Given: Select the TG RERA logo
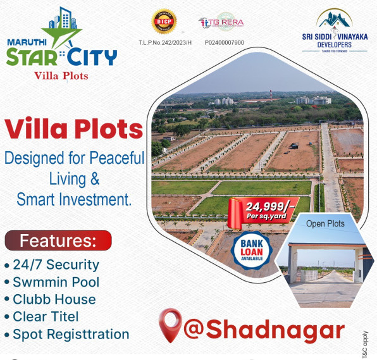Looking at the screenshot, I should click(x=221, y=23).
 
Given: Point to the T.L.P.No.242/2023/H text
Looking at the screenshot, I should click(x=163, y=42).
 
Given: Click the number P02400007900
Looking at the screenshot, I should click(x=225, y=42).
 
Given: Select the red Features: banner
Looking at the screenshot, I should click(x=58, y=240).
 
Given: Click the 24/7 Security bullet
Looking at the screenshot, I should click(x=52, y=264).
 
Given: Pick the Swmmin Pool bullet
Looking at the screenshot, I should click(x=52, y=282).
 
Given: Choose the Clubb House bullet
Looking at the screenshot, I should click(x=50, y=299).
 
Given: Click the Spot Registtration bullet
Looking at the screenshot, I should click(x=66, y=334).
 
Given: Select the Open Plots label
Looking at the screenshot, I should click(x=325, y=223).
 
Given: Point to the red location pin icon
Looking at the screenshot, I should click(x=170, y=325).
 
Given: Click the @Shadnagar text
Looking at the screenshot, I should click(x=264, y=330).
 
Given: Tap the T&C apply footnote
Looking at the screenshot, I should click(x=365, y=344).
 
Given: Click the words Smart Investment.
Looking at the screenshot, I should click(x=74, y=199).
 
